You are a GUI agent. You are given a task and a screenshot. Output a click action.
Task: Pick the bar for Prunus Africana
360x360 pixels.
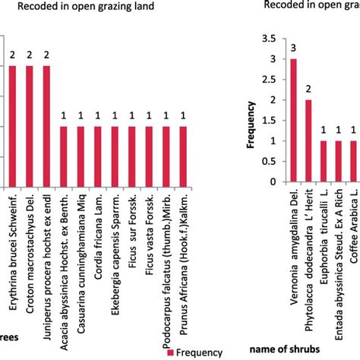pyautogui.click(x=183, y=156)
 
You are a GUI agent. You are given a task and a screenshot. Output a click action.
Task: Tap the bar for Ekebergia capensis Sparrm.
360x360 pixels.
pyautogui.click(x=115, y=156)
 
